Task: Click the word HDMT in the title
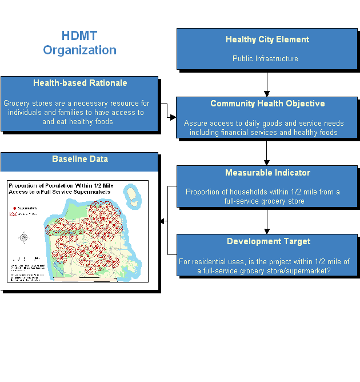(79, 36)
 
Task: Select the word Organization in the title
(79, 50)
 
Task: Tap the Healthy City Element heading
(267, 39)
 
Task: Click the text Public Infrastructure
(265, 58)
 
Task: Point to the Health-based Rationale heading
(80, 83)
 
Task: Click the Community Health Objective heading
(267, 104)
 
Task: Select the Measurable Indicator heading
(267, 173)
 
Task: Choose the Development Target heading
(267, 241)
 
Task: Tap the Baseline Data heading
(79, 159)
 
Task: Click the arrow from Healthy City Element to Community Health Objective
(267, 83)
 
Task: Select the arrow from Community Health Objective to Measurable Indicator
(267, 153)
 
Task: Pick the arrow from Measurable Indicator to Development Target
(267, 221)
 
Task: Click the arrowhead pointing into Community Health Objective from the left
(173, 117)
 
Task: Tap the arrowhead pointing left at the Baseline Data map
(163, 221)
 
